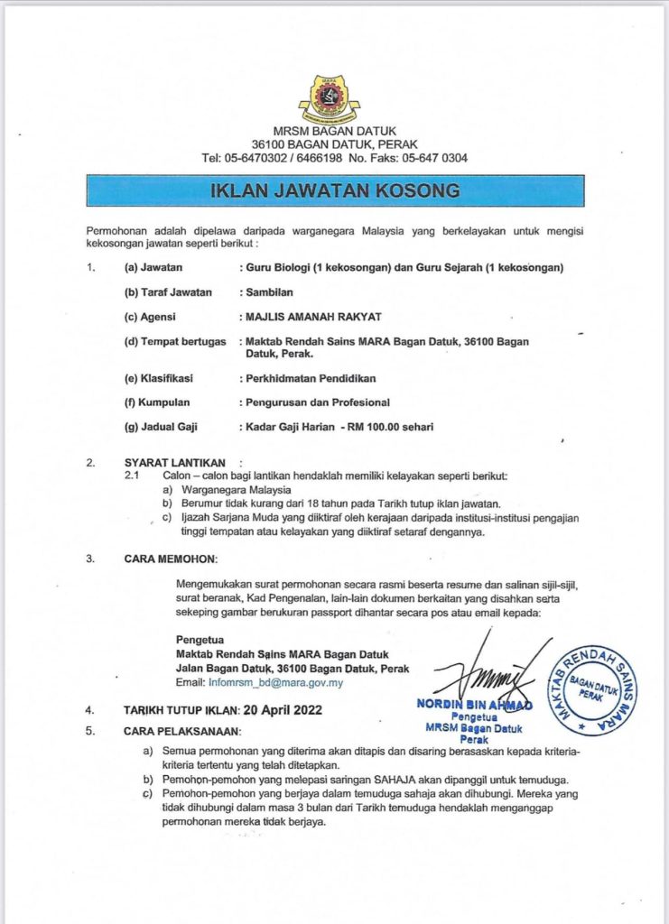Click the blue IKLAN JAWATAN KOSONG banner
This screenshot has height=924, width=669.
tap(334, 190)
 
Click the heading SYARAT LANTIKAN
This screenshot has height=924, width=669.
tap(175, 463)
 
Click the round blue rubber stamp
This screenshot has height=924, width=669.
tap(593, 690)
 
